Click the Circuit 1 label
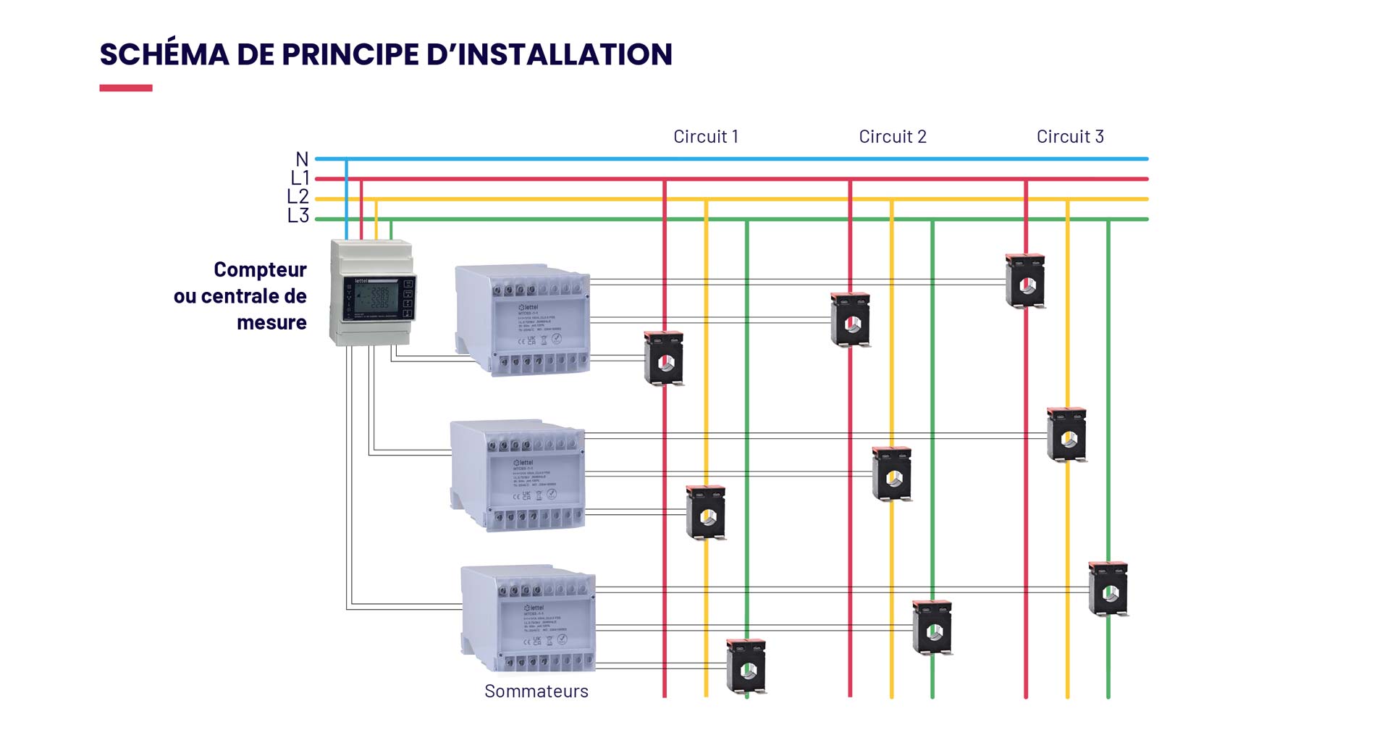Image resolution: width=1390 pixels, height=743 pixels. pyautogui.click(x=705, y=137)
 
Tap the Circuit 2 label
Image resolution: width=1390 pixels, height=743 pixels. pyautogui.click(x=892, y=137)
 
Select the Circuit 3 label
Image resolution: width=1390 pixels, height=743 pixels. pyautogui.click(x=1070, y=137)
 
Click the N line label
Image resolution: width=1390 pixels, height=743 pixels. pyautogui.click(x=302, y=159)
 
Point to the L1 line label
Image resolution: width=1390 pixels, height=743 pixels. pyautogui.click(x=300, y=178)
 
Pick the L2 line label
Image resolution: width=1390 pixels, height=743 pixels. pyautogui.click(x=298, y=197)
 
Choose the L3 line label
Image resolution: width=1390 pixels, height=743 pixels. pyautogui.click(x=298, y=216)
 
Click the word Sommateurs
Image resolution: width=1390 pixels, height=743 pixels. pyautogui.click(x=536, y=692)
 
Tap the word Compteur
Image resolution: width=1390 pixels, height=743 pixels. pyautogui.click(x=260, y=270)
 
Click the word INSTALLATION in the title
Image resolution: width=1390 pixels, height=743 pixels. pyautogui.click(x=565, y=55)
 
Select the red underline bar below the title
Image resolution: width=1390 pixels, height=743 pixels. pyautogui.click(x=126, y=88)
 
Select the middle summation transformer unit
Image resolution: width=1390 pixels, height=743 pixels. pyautogui.click(x=518, y=474)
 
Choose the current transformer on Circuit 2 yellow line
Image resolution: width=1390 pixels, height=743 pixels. pyautogui.click(x=892, y=474)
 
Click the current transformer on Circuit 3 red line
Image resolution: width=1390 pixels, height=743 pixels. pyautogui.click(x=1025, y=281)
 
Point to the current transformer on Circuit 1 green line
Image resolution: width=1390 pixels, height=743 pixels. pyautogui.click(x=746, y=666)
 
